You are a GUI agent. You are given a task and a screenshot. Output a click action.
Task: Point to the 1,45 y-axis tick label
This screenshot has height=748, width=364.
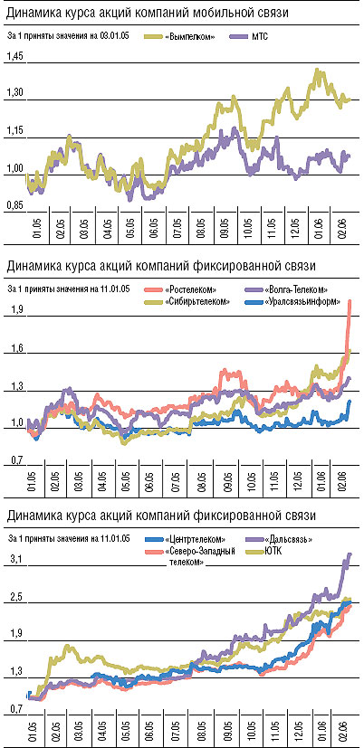click(14, 56)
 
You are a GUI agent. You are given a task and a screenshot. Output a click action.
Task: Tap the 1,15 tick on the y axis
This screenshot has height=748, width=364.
click(14, 130)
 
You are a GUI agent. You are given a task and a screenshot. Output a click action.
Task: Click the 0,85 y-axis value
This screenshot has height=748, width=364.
click(14, 205)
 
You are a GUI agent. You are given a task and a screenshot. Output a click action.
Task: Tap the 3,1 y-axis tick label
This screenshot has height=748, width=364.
click(15, 561)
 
